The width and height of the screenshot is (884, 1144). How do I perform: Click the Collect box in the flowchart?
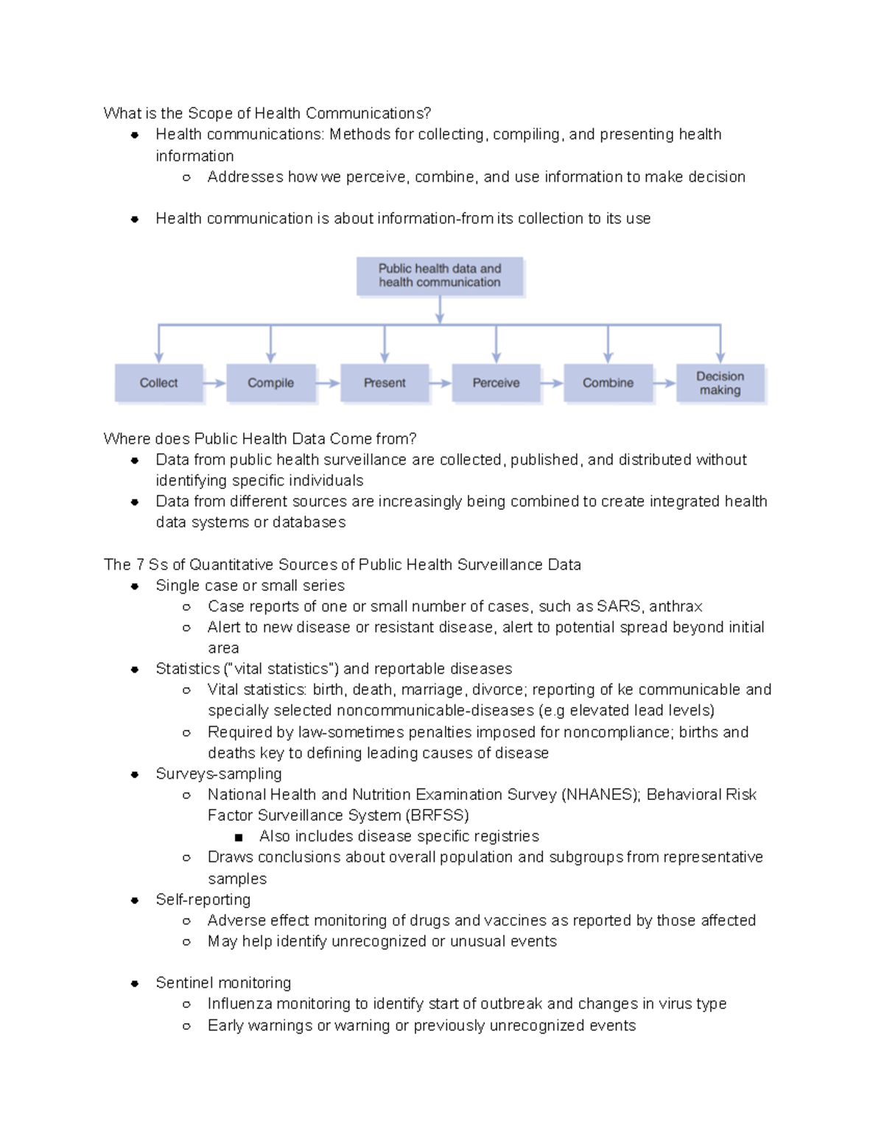click(x=158, y=383)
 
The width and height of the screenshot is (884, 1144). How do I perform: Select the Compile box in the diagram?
click(x=270, y=383)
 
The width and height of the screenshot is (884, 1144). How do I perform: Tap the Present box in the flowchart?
click(x=385, y=383)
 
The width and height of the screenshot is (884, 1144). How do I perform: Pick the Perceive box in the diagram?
click(x=496, y=383)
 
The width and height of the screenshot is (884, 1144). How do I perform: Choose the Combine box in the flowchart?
click(x=608, y=383)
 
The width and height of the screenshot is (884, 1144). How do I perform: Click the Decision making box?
click(x=720, y=383)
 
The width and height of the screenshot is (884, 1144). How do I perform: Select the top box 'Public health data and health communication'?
click(x=440, y=276)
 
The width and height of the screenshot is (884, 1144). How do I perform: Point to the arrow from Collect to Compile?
click(x=214, y=383)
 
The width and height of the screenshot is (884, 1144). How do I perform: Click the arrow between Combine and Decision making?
click(x=664, y=383)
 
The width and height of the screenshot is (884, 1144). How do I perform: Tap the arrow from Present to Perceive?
click(x=440, y=383)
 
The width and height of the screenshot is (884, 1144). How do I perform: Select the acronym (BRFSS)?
click(x=437, y=815)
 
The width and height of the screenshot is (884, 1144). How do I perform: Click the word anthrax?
click(x=676, y=606)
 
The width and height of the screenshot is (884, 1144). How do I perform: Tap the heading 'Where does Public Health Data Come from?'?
click(x=260, y=439)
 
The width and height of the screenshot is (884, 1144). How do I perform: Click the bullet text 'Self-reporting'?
click(x=203, y=899)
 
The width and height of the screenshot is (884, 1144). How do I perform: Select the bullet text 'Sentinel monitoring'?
click(x=223, y=983)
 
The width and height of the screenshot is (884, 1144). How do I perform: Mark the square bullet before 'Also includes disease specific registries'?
click(x=238, y=838)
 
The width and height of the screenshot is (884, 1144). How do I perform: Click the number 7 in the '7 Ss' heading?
click(x=140, y=565)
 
